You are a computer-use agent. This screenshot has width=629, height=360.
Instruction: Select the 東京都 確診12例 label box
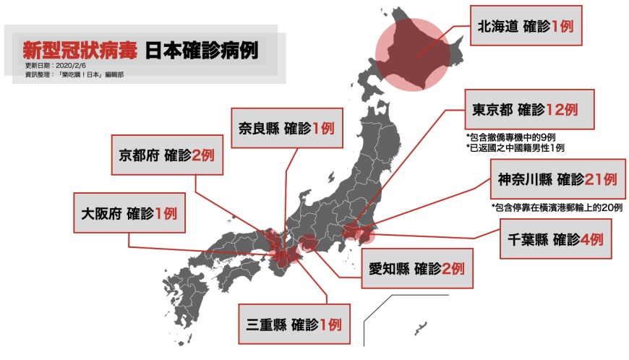[529, 110]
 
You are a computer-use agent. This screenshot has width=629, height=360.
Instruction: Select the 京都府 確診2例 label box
[167, 155]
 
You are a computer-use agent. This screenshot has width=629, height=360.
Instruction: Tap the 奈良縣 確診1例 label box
[286, 129]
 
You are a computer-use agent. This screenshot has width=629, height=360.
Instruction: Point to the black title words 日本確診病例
[201, 51]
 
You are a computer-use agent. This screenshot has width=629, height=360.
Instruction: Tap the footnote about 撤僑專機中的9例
[515, 137]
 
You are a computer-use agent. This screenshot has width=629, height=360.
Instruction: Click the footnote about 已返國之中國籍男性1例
[515, 147]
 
